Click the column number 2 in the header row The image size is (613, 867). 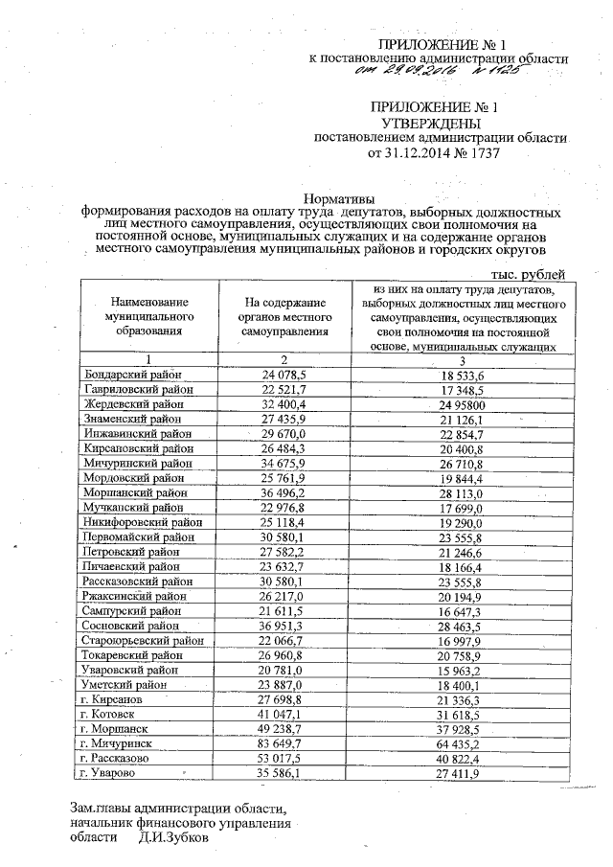285,359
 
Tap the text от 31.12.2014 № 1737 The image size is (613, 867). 428,152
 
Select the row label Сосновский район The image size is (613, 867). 128,626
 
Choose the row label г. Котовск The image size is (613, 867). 109,714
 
